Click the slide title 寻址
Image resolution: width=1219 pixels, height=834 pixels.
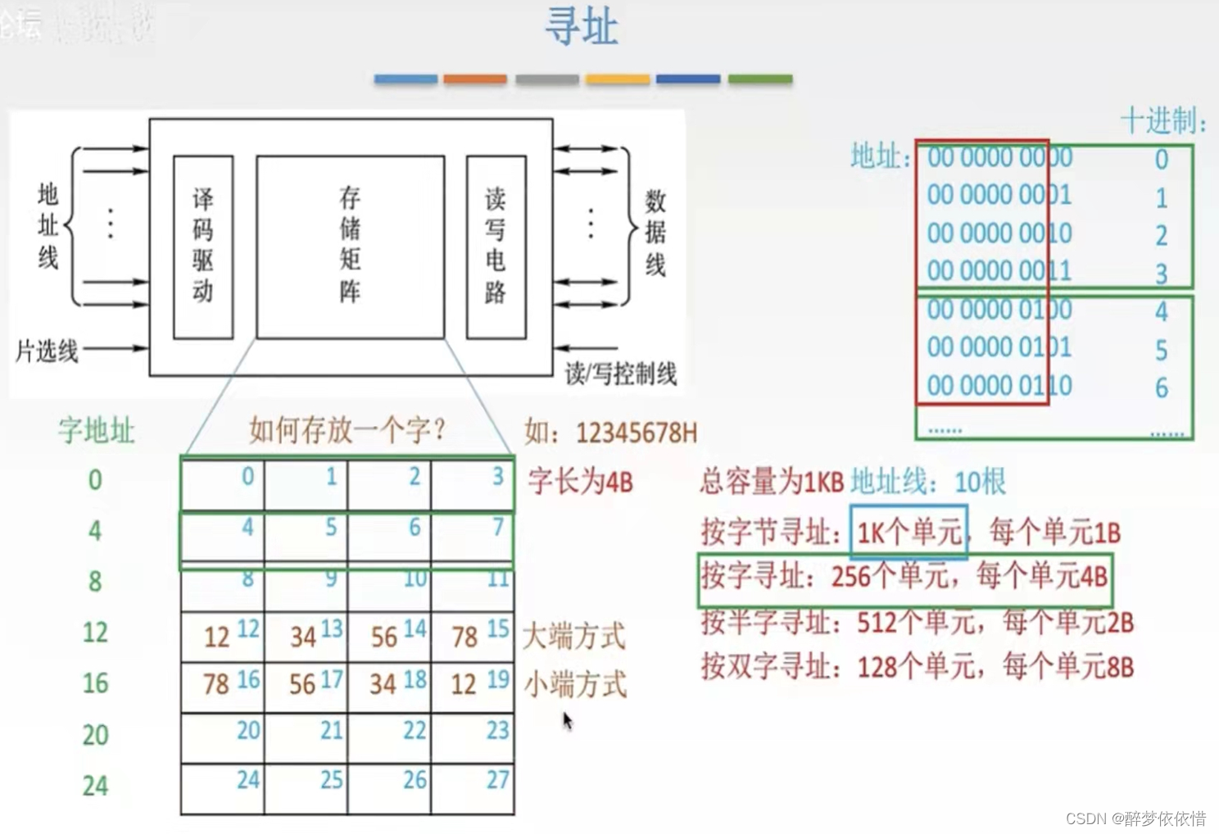581,27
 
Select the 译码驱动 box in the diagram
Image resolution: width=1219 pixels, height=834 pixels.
203,247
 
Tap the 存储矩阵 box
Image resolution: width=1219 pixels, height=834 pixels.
351,247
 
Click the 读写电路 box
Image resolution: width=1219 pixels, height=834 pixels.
496,247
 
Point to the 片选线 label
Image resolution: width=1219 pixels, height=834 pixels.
47,351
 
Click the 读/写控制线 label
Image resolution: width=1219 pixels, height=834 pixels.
621,374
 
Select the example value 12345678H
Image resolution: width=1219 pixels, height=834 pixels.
636,433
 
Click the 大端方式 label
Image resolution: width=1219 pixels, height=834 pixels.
574,636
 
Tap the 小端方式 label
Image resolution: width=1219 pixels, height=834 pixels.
576,684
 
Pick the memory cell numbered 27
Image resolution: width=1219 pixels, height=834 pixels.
473,789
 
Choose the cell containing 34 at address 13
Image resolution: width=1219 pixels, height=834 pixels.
306,636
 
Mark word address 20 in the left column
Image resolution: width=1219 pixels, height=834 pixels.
95,735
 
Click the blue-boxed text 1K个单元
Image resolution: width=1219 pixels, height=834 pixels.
909,533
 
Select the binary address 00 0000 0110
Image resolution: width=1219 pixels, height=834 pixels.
999,386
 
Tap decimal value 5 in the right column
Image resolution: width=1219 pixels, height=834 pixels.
1161,351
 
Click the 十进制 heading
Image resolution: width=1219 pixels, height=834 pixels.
1162,121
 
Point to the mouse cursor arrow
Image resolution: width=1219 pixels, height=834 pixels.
567,720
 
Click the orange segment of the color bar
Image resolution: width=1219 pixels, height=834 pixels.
475,79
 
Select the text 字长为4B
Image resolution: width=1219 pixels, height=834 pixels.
581,481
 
